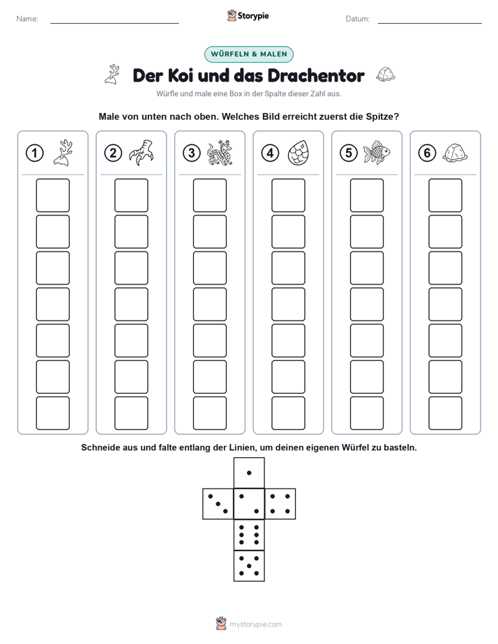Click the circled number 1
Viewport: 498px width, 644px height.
click(34, 153)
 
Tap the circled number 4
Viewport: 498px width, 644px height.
click(270, 153)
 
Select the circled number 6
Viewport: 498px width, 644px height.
click(427, 153)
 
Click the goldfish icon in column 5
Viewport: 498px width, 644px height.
click(377, 153)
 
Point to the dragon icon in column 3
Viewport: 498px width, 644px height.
click(220, 153)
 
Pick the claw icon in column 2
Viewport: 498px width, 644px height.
click(141, 153)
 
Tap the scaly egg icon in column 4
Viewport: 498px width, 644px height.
click(298, 153)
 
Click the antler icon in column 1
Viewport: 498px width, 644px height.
click(63, 153)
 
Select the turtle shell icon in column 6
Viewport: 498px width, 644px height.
click(455, 153)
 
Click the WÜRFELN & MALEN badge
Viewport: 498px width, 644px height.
click(249, 54)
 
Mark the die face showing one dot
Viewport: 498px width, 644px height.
click(249, 473)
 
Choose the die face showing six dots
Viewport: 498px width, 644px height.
click(249, 535)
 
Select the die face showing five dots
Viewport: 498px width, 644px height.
click(249, 566)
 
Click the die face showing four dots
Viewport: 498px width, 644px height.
click(280, 504)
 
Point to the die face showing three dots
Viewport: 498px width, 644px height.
click(218, 504)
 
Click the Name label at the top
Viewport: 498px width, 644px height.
click(27, 19)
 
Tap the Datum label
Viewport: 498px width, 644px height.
click(358, 19)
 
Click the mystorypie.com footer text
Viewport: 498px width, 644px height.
click(255, 624)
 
